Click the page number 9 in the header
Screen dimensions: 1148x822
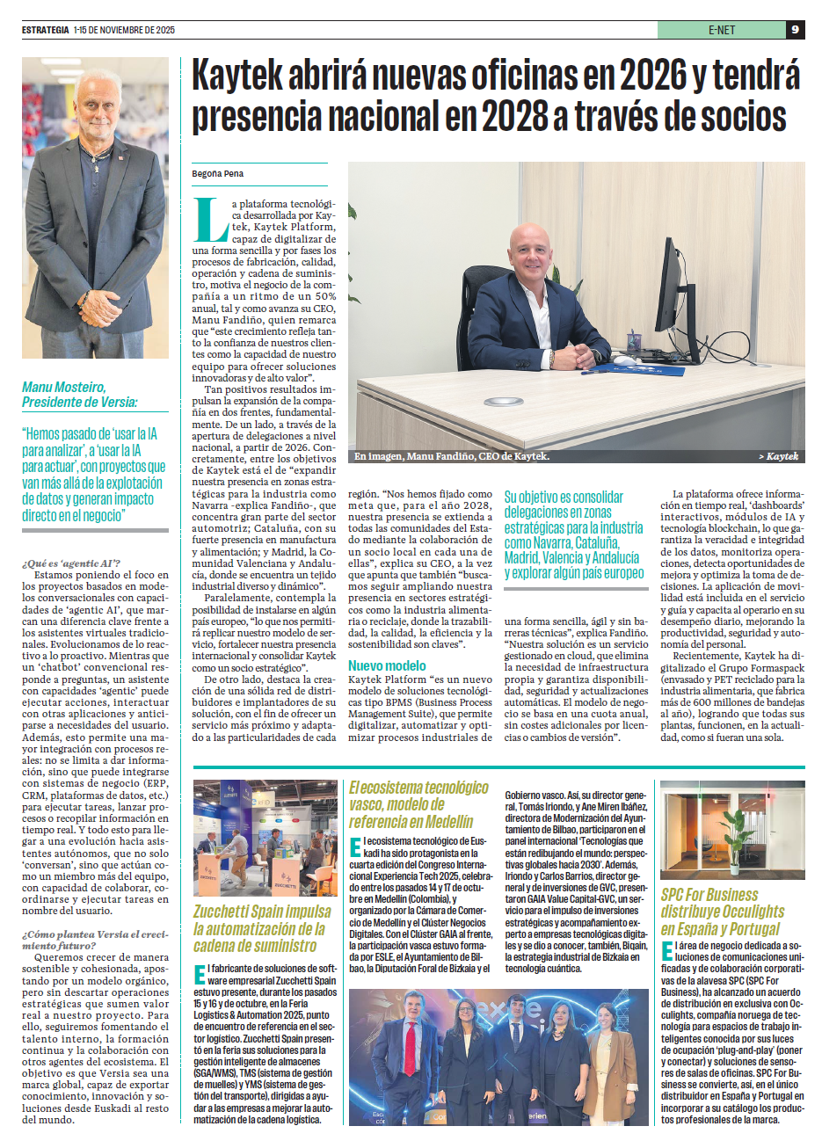(795, 30)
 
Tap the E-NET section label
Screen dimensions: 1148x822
(721, 30)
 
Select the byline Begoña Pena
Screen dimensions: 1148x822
(218, 174)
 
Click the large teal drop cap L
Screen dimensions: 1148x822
(210, 220)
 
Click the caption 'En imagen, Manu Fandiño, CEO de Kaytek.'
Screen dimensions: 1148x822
(452, 456)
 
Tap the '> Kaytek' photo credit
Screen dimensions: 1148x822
(778, 456)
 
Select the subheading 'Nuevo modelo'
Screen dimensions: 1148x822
(387, 666)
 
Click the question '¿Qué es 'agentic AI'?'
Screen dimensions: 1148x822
(71, 563)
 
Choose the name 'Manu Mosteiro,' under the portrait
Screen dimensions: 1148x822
(64, 387)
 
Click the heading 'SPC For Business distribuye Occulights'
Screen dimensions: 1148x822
(722, 912)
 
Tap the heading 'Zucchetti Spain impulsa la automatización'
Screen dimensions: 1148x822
(262, 928)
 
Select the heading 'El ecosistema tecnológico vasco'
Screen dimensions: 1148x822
(418, 804)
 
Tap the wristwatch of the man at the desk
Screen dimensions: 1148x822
(551, 359)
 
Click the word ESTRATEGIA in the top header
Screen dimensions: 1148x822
(46, 30)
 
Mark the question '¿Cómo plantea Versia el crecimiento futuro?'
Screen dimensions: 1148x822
(95, 940)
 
